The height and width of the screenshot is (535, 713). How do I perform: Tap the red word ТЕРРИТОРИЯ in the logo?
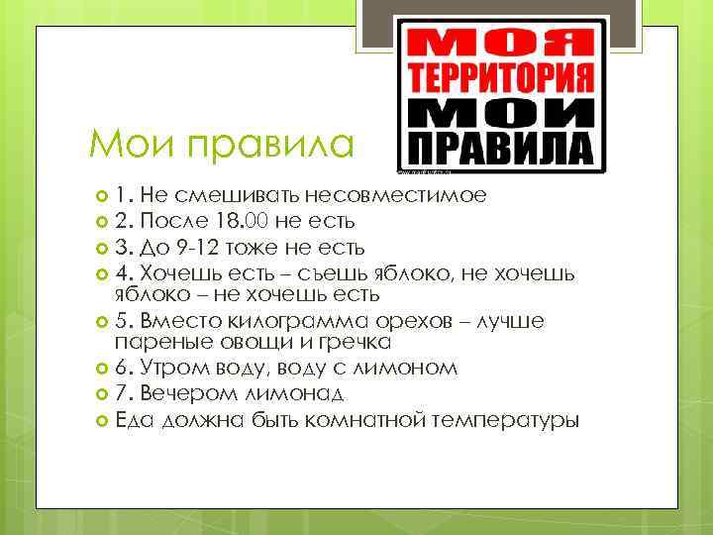point(501,77)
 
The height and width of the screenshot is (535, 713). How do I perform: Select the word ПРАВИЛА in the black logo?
point(501,149)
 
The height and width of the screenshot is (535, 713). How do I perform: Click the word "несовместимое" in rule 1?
point(402,195)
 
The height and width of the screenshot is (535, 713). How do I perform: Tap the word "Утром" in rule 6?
point(172,368)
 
